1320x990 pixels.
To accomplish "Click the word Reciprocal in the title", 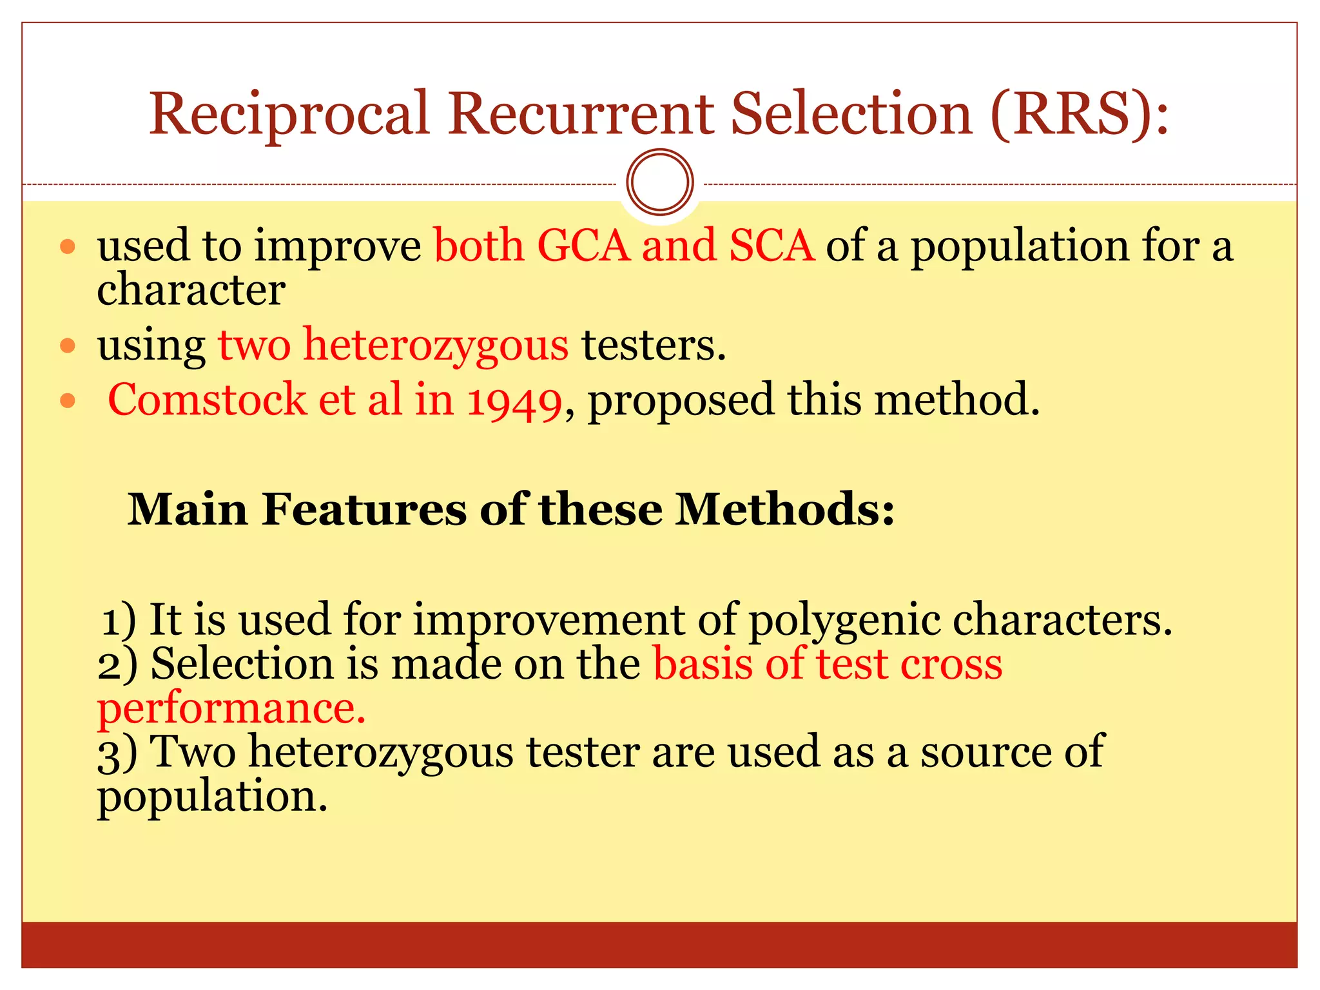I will point(289,114).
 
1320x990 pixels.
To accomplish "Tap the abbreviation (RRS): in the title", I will point(1079,114).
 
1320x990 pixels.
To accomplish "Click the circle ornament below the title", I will point(660,182).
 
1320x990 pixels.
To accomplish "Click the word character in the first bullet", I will point(191,289).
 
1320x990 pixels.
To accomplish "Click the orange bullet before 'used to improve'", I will point(68,246).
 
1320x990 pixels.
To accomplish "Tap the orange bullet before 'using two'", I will point(68,346).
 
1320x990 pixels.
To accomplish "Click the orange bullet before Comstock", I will point(68,402).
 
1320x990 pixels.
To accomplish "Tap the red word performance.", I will point(231,709).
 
